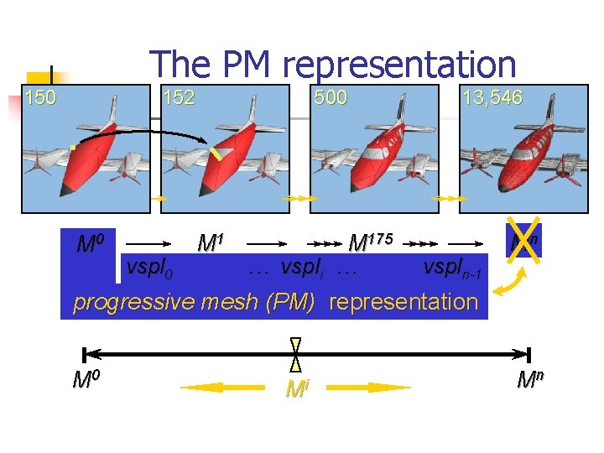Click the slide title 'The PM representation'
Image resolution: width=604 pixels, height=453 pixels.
point(332,65)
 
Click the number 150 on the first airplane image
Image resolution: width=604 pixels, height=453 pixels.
point(40,97)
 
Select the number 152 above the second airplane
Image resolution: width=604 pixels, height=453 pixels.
point(178,97)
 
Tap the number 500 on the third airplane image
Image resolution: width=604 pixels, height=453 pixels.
point(331,97)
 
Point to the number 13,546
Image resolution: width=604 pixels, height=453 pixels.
point(492,97)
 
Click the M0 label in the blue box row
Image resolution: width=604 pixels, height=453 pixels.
point(90,245)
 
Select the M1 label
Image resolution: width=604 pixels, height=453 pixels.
point(211,243)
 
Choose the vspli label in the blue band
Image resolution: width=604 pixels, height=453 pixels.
point(307,268)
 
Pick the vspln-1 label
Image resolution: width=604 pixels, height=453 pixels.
point(452,268)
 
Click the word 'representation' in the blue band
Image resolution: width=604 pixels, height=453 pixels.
point(404,302)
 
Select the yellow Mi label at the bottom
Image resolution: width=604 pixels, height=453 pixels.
point(296,389)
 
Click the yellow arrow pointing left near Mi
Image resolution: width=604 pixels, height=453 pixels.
point(216,388)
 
